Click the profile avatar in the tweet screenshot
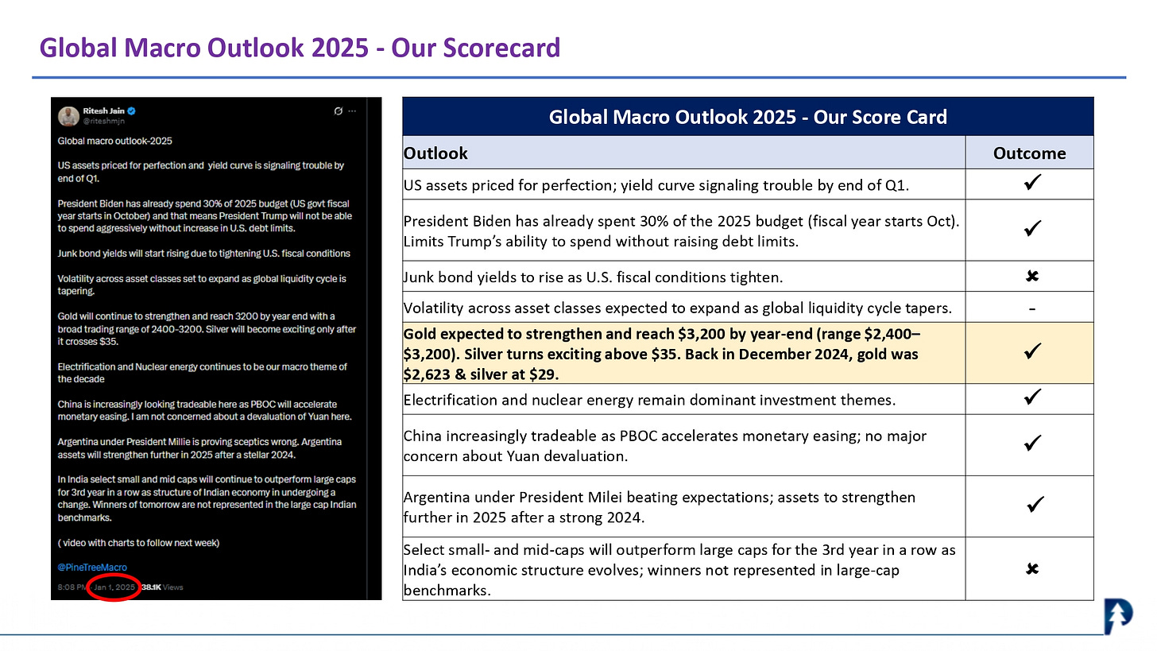(68, 115)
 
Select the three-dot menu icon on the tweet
(353, 110)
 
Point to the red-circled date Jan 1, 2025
(114, 587)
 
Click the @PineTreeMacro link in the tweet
(92, 568)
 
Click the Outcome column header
(1029, 153)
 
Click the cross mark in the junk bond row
(1032, 277)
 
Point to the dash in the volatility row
(1031, 308)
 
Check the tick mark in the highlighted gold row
(1032, 351)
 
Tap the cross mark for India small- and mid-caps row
(1032, 569)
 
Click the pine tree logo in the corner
(1118, 617)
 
